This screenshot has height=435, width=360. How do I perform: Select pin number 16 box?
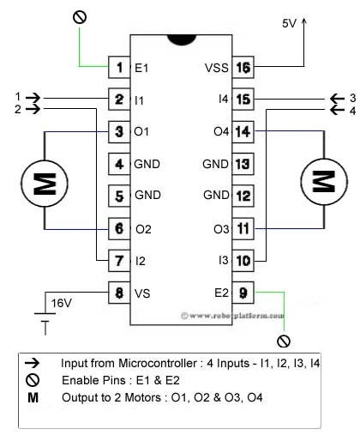click(243, 66)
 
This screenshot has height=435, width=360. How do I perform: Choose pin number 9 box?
click(243, 292)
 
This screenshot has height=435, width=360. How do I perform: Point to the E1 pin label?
click(142, 66)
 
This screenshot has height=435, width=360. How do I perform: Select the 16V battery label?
click(62, 303)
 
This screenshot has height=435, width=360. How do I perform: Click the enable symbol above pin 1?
click(80, 15)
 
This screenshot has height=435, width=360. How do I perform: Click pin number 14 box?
click(243, 131)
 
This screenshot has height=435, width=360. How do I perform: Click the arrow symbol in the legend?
click(33, 363)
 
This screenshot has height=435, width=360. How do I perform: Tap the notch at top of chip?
click(181, 40)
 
